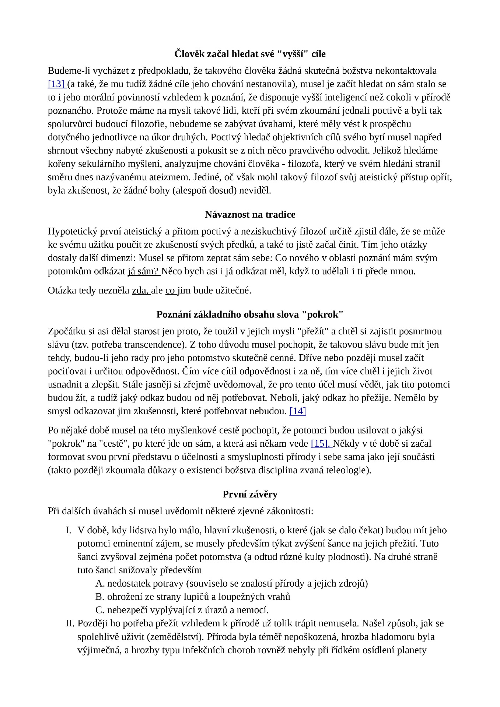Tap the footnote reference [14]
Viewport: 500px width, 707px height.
[298, 411]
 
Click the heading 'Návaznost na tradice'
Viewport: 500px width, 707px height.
[250, 215]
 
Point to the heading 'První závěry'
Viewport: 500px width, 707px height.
[250, 494]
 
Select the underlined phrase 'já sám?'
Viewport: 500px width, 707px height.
[143, 271]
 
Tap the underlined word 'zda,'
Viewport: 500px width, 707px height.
[141, 291]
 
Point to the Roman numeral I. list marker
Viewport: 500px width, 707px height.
[68, 530]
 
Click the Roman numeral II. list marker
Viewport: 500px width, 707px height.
[70, 623]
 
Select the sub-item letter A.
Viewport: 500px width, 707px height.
[100, 584]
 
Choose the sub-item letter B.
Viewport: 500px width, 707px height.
[100, 597]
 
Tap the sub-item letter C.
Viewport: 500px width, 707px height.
[100, 610]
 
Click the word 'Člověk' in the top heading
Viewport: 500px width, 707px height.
[188, 54]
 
